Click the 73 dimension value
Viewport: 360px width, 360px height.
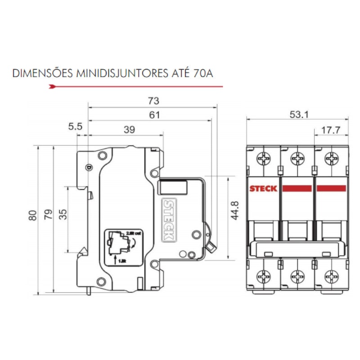click(x=153, y=101)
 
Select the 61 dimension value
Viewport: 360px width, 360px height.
click(x=154, y=115)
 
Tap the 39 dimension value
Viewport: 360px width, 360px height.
click(x=129, y=130)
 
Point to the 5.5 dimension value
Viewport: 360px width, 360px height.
click(x=75, y=127)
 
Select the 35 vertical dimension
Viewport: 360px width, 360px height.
click(x=63, y=214)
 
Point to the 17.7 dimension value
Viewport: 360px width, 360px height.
click(x=330, y=131)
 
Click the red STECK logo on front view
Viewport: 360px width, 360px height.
click(x=263, y=189)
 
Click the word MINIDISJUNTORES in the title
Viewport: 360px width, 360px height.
click(x=122, y=73)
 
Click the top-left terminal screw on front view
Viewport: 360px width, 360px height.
click(x=262, y=159)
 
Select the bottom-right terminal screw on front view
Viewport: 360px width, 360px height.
click(x=332, y=276)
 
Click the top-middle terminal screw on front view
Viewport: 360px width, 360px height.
click(x=297, y=159)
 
